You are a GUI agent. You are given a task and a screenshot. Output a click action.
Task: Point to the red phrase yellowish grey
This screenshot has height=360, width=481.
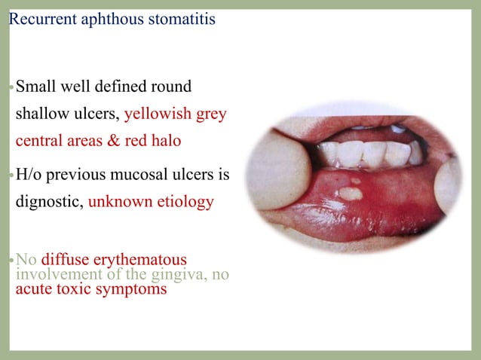point(175,114)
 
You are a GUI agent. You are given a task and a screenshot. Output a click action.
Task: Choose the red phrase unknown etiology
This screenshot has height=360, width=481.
point(151,203)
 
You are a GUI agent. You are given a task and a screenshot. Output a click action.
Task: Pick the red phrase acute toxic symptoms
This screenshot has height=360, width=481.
point(90,288)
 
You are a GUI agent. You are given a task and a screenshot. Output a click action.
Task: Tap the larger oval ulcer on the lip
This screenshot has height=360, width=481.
point(349,193)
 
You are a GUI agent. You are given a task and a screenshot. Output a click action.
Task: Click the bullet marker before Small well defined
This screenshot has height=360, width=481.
point(11,87)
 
